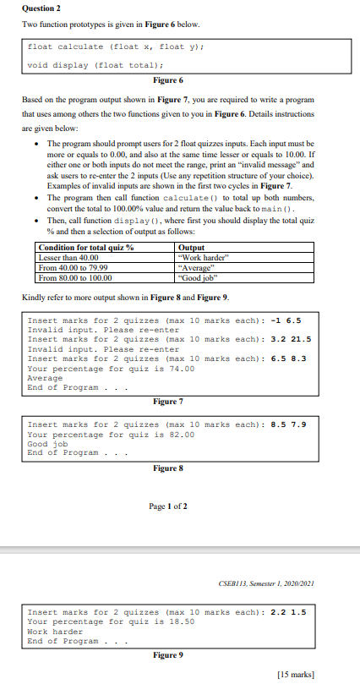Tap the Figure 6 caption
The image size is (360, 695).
pos(167,80)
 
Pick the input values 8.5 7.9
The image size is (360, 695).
pos(293,424)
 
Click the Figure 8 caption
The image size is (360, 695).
pos(168,468)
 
